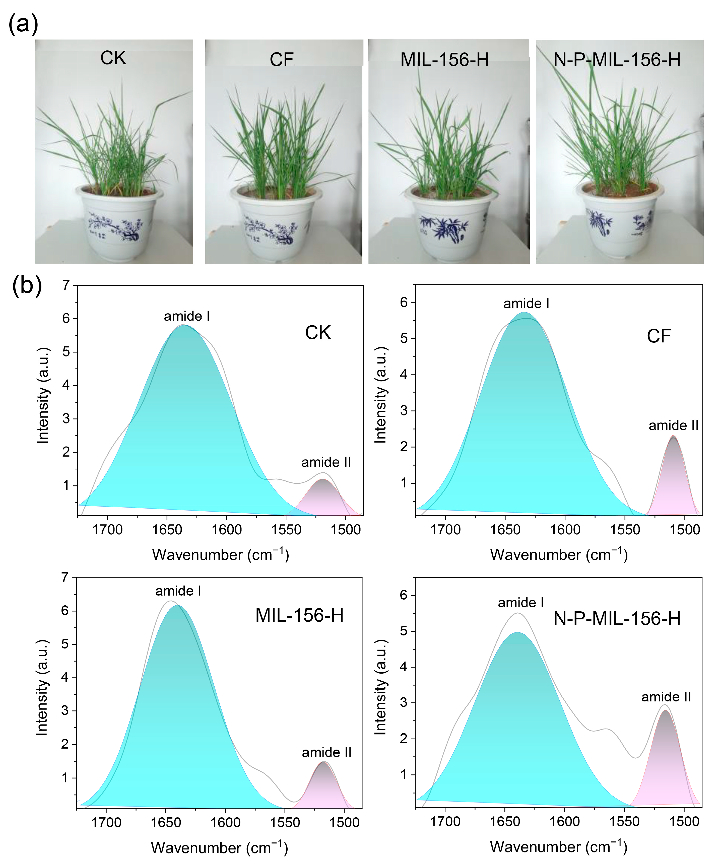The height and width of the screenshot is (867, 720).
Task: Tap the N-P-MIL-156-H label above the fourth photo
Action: (x=617, y=60)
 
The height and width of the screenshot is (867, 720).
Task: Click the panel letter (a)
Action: (x=23, y=24)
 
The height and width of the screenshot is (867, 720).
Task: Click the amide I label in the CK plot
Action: (x=187, y=316)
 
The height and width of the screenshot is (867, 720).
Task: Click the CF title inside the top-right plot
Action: (x=659, y=336)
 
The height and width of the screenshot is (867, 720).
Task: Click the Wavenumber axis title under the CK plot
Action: (x=220, y=554)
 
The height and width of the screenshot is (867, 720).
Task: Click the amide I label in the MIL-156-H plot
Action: (x=178, y=591)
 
